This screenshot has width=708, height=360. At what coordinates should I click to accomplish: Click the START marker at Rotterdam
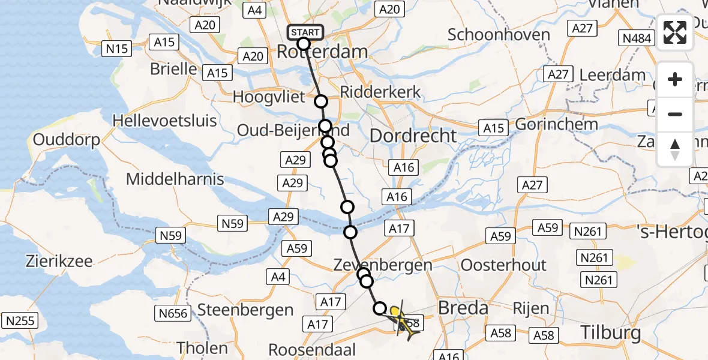[305, 32]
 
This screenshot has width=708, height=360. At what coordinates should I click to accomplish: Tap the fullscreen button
[675, 32]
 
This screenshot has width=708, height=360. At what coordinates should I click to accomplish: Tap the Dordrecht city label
[413, 136]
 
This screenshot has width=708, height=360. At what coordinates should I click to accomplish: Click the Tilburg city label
[610, 332]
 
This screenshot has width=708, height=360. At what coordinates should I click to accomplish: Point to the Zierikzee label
[59, 261]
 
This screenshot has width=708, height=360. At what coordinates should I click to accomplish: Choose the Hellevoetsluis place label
[165, 121]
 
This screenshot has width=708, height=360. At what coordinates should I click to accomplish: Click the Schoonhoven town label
[499, 34]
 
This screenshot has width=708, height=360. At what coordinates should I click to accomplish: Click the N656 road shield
[172, 312]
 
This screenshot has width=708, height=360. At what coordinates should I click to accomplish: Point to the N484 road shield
[637, 39]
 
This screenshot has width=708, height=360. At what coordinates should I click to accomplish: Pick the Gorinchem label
[556, 124]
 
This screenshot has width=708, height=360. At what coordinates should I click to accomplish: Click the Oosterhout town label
[503, 265]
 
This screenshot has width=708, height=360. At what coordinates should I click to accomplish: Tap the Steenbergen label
[245, 310]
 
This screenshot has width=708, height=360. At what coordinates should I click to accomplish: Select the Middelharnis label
[175, 178]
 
